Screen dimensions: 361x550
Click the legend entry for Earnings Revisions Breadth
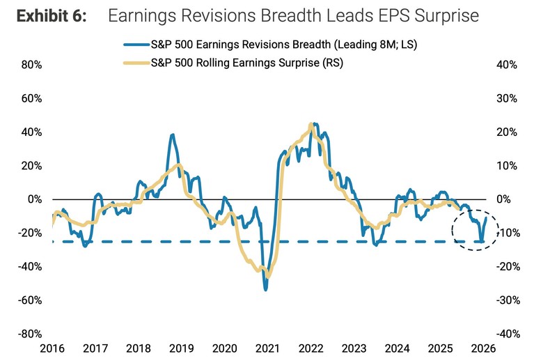coord(285,45)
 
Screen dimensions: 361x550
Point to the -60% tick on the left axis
coord(30,300)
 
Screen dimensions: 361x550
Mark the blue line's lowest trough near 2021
coord(265,289)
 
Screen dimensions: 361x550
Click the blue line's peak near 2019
coord(172,135)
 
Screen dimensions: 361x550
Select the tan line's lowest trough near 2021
coord(268,277)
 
